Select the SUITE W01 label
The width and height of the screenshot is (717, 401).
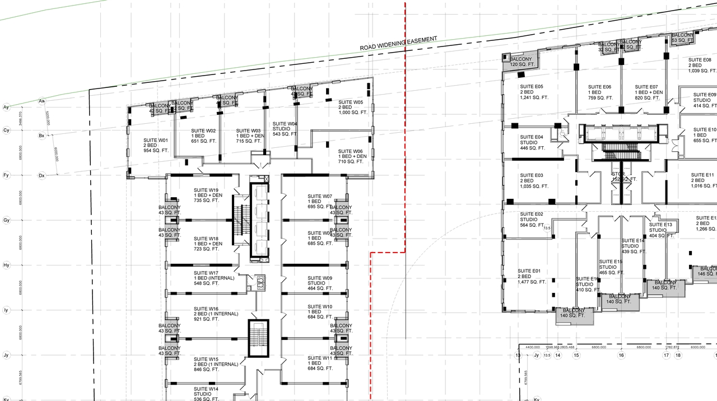pos(156,145)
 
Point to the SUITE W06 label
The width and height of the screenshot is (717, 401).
pos(351,156)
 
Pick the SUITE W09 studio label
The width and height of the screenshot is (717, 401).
pos(320,283)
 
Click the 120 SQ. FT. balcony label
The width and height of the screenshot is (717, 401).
pos(523,62)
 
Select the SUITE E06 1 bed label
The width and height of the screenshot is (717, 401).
pos(599,92)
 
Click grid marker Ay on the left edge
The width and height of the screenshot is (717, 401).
pos(7,106)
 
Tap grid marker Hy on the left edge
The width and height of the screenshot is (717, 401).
pos(7,265)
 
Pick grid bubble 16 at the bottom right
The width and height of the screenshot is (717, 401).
pos(621,355)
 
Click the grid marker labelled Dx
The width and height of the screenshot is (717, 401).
pos(41,175)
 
